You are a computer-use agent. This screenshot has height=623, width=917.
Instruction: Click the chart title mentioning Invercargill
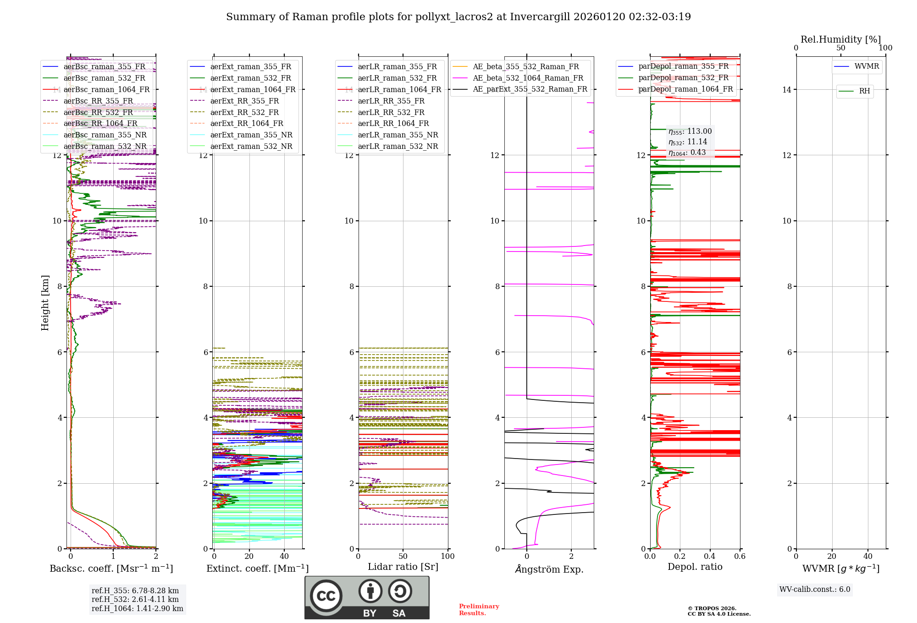458,17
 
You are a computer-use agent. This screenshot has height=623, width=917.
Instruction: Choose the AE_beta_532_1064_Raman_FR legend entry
528,78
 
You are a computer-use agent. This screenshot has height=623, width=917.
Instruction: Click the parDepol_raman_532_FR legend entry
683,78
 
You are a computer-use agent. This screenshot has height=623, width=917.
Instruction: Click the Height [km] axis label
45,303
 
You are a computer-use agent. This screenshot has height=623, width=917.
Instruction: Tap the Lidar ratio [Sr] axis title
403,567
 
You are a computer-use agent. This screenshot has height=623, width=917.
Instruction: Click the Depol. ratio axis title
695,567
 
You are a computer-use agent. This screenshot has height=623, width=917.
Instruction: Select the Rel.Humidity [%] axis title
840,39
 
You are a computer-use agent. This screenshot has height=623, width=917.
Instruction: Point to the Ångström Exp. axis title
549,569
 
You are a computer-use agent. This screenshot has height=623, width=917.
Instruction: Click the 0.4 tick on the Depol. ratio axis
710,556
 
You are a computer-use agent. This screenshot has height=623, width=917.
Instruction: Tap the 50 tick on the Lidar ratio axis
403,556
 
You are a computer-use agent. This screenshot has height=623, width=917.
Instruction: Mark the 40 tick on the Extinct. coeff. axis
284,556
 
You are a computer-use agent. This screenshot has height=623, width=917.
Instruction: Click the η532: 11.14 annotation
688,142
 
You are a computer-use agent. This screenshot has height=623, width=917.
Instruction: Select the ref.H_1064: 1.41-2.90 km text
137,609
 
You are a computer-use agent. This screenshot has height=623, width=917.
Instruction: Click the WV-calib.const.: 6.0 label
815,590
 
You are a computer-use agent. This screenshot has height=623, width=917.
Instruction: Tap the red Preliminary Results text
479,610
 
